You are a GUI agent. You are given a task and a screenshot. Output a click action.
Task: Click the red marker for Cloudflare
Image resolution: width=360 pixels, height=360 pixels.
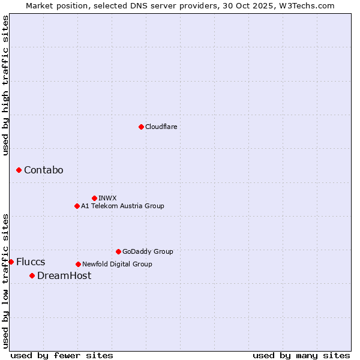tap(141, 127)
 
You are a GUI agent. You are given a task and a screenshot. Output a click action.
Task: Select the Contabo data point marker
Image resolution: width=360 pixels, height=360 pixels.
tap(19, 170)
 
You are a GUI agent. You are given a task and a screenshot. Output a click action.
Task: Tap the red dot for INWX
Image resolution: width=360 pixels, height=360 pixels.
tap(94, 198)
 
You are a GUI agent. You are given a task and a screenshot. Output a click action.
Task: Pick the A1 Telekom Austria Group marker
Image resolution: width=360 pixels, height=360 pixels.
tap(77, 206)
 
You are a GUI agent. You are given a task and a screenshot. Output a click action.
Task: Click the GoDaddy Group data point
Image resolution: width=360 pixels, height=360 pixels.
tap(118, 251)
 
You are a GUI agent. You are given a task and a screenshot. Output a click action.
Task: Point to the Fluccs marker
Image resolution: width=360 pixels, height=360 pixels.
tap(11, 262)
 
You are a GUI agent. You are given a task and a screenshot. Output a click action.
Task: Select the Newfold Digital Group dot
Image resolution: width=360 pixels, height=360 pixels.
tap(78, 264)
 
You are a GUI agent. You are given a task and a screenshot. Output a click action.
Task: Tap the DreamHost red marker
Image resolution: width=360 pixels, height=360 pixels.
tap(32, 275)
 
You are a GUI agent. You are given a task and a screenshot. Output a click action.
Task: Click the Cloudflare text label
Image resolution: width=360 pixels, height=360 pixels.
tap(161, 127)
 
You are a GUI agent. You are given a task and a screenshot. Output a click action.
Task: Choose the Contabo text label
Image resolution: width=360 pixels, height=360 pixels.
tap(43, 170)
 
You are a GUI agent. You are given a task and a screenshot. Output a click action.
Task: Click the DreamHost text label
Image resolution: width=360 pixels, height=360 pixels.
tap(64, 275)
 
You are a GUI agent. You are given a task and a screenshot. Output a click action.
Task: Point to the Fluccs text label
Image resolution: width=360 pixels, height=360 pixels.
tap(31, 262)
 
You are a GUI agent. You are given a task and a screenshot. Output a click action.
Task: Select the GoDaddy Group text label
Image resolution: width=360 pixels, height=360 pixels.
tap(148, 251)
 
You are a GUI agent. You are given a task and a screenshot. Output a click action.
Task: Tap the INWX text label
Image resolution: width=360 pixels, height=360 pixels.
tap(107, 198)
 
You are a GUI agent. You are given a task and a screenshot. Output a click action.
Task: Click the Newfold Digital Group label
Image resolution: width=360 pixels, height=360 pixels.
tap(117, 264)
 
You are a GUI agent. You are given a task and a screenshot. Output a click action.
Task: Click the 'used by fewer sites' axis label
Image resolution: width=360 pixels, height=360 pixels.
tap(62, 355)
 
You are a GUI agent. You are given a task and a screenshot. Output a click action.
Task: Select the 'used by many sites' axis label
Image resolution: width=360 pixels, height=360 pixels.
tap(301, 355)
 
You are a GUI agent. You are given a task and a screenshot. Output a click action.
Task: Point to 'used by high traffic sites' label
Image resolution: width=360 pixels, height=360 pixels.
tap(6, 85)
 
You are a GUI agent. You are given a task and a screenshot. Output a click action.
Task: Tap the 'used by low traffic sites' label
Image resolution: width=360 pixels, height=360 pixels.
tap(6, 280)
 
